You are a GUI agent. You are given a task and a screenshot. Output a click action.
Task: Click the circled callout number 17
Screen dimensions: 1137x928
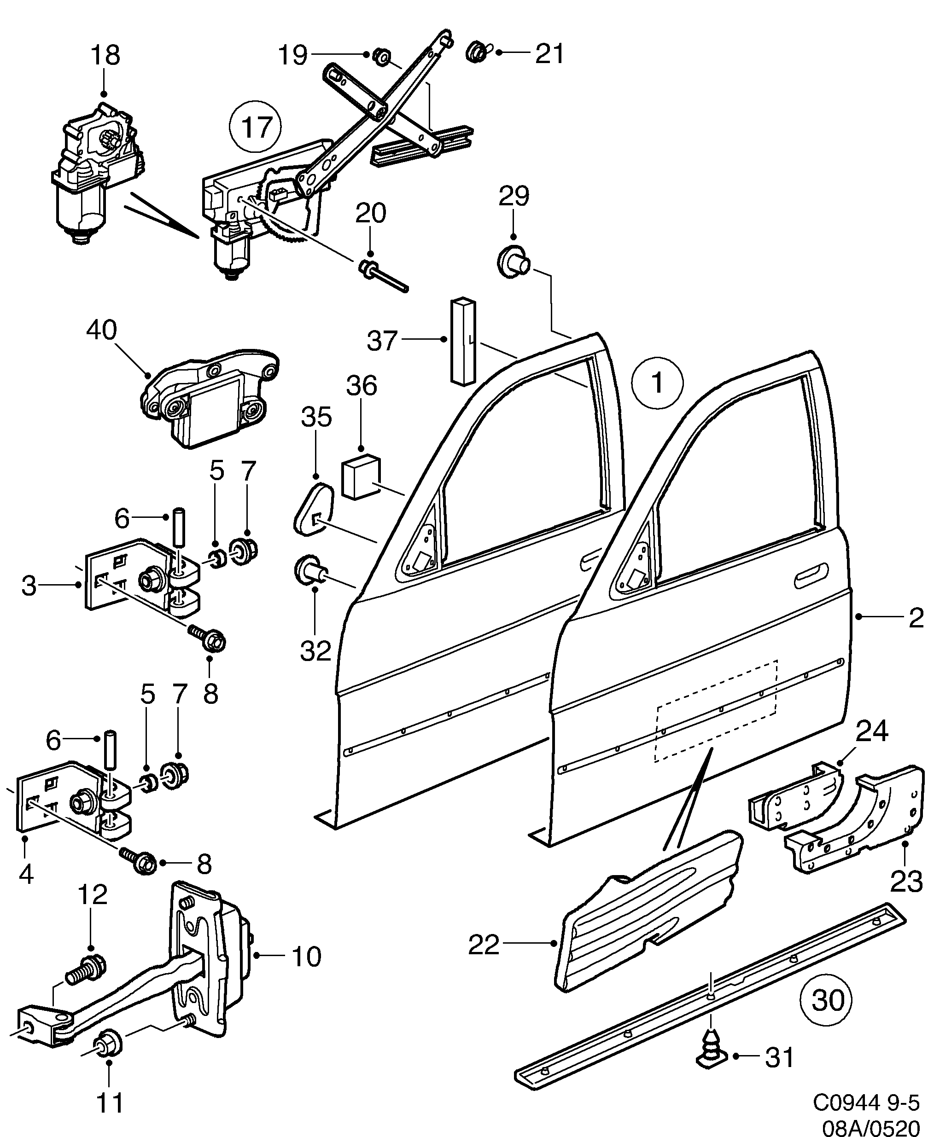256,127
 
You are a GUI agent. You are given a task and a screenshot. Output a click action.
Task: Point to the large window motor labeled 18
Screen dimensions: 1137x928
91,171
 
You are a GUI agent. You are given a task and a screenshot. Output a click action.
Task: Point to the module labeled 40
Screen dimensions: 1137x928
209,398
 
